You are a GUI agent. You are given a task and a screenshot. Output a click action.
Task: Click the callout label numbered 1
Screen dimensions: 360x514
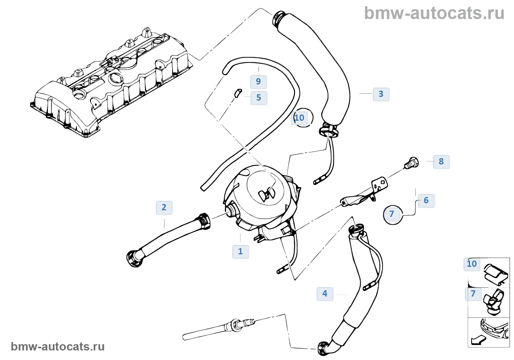(x=240, y=252)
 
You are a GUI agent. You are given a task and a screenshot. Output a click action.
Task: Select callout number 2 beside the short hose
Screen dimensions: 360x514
(x=164, y=208)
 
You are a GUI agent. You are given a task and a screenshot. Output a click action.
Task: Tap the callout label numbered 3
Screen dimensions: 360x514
(x=381, y=94)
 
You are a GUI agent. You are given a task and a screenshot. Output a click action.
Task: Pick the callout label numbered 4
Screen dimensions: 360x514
(x=325, y=294)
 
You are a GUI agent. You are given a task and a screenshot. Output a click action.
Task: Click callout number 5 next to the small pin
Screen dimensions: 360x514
(x=259, y=98)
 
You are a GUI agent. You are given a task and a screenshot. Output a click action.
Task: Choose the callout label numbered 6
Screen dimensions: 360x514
(x=426, y=201)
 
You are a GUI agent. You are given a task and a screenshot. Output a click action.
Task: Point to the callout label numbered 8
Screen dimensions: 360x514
(x=441, y=162)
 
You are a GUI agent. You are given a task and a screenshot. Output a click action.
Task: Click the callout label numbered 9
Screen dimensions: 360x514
(x=258, y=82)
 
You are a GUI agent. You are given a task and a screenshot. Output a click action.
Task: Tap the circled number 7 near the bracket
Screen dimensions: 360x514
(x=392, y=214)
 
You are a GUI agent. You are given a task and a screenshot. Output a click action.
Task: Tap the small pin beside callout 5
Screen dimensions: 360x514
(x=238, y=92)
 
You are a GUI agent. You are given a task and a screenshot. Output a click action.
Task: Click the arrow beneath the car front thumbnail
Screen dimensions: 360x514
(x=478, y=340)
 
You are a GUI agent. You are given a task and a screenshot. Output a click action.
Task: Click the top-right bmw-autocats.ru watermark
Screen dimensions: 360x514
(x=434, y=14)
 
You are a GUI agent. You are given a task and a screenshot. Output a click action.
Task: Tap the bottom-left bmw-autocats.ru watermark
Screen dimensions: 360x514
(x=58, y=347)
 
